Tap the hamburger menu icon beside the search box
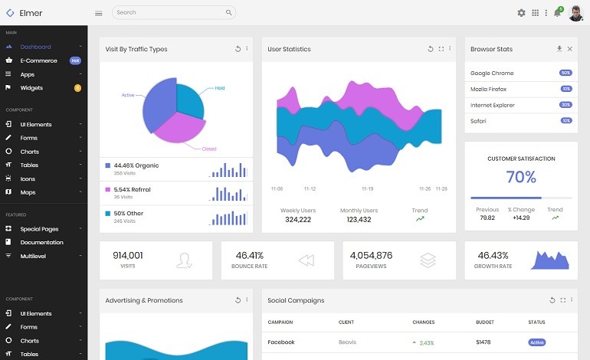click(98, 13)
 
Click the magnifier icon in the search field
click(228, 13)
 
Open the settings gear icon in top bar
click(521, 13)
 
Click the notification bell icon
click(557, 13)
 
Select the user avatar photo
click(575, 13)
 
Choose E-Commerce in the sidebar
click(38, 61)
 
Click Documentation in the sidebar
click(41, 242)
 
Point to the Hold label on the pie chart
click(219, 88)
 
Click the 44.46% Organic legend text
click(136, 165)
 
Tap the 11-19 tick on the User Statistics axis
click(367, 188)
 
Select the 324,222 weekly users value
click(297, 220)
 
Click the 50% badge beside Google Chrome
click(565, 73)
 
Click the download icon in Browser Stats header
click(559, 49)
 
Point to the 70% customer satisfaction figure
click(520, 178)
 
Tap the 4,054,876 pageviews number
click(371, 255)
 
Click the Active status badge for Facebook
click(537, 342)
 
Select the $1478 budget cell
click(483, 342)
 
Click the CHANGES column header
click(423, 322)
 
